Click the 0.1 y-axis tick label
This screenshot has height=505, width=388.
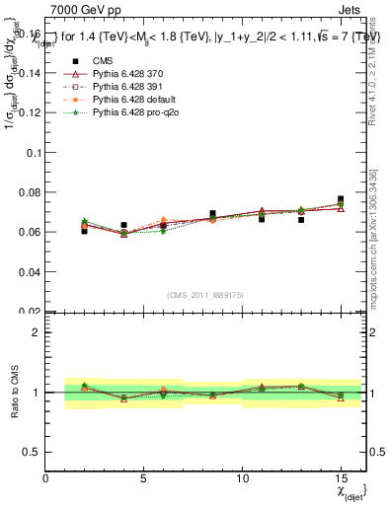pyautogui.click(x=34, y=153)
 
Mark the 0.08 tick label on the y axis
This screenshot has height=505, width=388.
pyautogui.click(x=30, y=192)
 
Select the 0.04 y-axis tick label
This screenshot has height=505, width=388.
pyautogui.click(x=30, y=271)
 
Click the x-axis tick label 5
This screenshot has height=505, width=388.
pyautogui.click(x=144, y=478)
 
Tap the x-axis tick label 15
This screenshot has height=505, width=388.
pyautogui.click(x=340, y=478)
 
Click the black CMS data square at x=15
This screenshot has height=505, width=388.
pyautogui.click(x=341, y=199)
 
